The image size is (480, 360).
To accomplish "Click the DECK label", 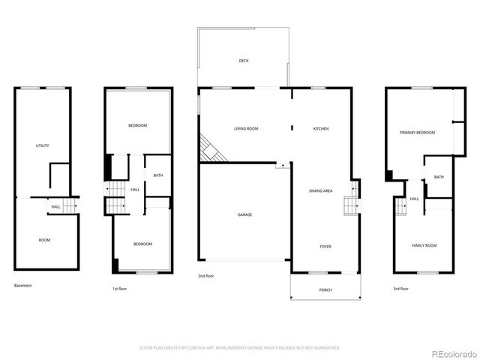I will [x=244, y=61].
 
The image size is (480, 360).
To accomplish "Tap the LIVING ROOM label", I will [x=246, y=129].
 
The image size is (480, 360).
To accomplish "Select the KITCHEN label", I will [x=320, y=129].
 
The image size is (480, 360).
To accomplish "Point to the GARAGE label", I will [x=245, y=215].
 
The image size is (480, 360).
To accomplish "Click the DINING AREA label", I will [x=321, y=191].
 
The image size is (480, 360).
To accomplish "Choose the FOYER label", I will [x=325, y=247].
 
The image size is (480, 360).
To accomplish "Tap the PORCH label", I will [x=325, y=290].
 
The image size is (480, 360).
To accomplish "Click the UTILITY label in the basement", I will [x=43, y=145].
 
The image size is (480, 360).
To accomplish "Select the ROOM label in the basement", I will [x=44, y=240].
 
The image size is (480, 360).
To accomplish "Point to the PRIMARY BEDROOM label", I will [x=417, y=133].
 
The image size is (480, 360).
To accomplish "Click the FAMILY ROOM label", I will [x=424, y=246].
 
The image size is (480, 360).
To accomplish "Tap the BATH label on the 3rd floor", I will [x=439, y=178].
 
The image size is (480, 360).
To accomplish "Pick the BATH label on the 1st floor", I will [x=158, y=175].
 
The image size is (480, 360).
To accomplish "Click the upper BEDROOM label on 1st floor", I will [x=137, y=125].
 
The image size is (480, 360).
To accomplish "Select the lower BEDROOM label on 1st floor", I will [x=142, y=244].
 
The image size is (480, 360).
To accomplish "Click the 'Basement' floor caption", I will [x=23, y=286].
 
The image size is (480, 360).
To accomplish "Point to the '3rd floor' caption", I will [x=400, y=289].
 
